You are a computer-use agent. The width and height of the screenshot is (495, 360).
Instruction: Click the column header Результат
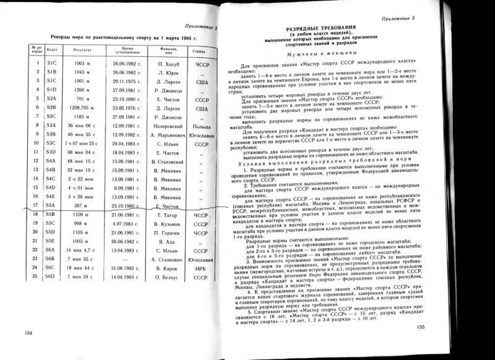coord(82,49)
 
